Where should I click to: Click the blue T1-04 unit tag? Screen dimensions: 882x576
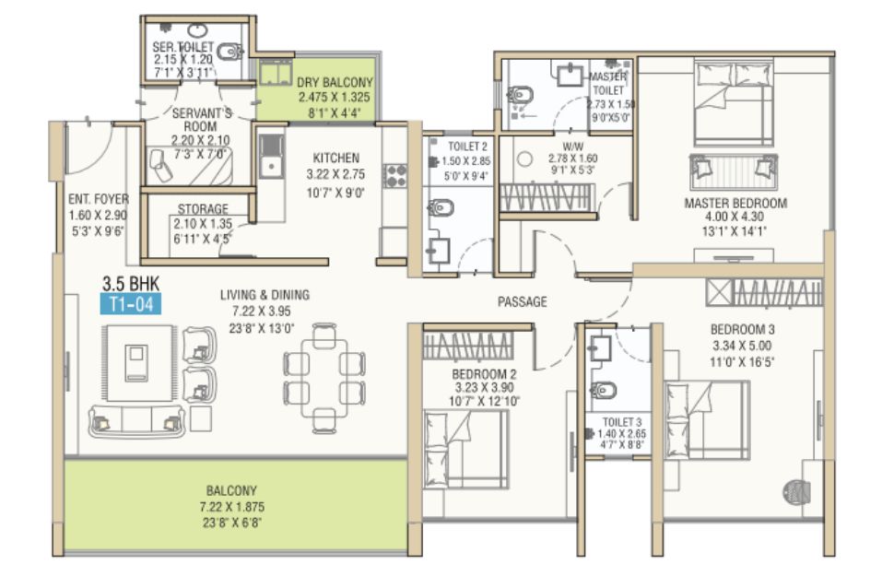pos(131,304)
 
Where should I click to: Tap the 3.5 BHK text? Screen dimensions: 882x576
pos(131,282)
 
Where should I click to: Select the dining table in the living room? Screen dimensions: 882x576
pos(324,378)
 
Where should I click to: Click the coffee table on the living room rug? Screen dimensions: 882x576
pos(136,363)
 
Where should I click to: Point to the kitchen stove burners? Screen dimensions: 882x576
pos(394,175)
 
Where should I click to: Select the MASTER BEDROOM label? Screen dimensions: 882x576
pos(735,203)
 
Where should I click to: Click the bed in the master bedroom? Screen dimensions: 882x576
pos(734,105)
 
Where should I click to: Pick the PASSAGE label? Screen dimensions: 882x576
pos(522,302)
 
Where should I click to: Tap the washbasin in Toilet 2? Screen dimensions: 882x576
pos(438,251)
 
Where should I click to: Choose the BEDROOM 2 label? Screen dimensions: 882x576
pos(484,374)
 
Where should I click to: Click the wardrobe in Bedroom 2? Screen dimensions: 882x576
pos(468,346)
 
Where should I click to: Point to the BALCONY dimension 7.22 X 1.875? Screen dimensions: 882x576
pos(231,507)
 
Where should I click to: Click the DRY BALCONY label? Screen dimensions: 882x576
pos(335,82)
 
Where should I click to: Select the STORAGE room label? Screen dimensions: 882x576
pos(203,208)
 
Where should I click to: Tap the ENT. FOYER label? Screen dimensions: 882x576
pos(99,199)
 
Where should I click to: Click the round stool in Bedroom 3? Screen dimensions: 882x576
pos(795,491)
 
